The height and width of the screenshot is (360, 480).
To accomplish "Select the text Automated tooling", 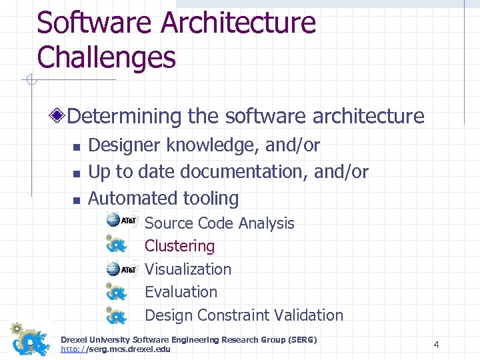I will coord(163,198).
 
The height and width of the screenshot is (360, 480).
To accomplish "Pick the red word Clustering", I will coord(179,246).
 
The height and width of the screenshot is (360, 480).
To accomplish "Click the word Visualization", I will coord(188,269).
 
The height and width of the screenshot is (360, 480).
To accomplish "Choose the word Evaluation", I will coord(181,292).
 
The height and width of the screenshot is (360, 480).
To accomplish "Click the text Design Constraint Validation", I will coord(243,315).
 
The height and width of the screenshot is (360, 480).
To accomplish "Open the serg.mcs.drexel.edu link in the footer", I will coord(115,349).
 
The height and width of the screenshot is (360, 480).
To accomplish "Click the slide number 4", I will coord(436,345).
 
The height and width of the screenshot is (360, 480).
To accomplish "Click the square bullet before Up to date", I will coord(76,173).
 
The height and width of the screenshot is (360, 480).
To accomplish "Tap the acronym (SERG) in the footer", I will coord(299,340).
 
